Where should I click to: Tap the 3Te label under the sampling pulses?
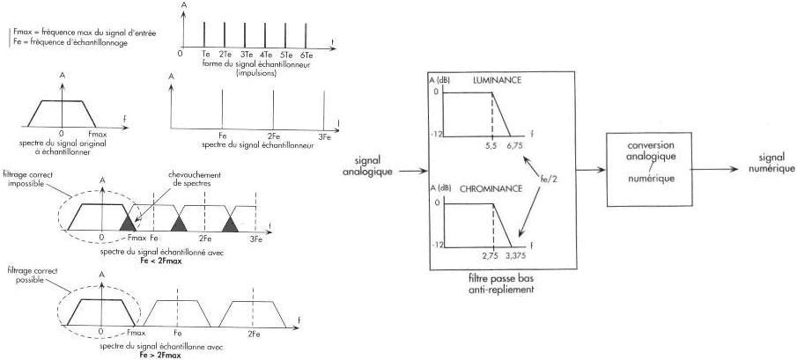(244, 55)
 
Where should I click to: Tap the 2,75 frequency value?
(491, 254)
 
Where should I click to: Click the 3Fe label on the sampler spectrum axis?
(324, 136)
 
